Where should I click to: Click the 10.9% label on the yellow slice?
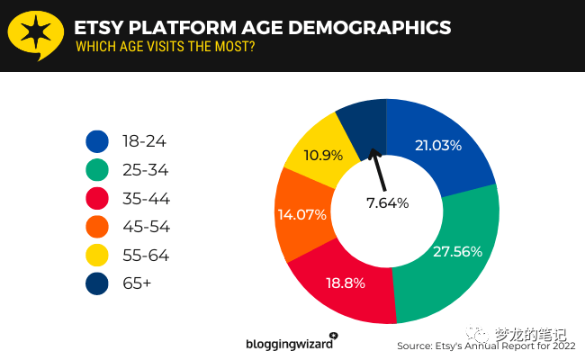click(323, 155)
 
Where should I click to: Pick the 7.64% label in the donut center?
click(386, 202)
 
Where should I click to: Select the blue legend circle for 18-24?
click(97, 141)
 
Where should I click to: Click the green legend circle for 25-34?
click(97, 170)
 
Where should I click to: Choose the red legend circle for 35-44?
click(97, 199)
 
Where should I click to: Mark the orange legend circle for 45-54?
click(97, 228)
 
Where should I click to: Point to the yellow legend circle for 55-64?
click(97, 256)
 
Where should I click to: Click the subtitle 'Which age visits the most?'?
click(165, 48)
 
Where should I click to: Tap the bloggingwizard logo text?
click(290, 343)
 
